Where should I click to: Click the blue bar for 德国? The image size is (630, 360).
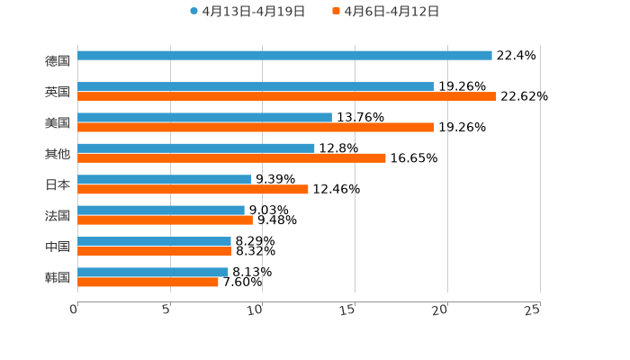pos(284,56)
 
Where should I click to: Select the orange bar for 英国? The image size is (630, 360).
pos(287,96)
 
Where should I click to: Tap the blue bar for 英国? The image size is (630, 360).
pos(256,86)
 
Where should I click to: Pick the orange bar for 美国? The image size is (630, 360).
pos(256,127)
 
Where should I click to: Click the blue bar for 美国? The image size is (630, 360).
pos(204,117)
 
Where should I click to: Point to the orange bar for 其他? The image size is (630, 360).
pos(231,157)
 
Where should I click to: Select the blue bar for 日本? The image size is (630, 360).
pos(165,179)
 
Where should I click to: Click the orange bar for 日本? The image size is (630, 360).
pos(193,189)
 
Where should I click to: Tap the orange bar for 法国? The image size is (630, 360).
pos(165,220)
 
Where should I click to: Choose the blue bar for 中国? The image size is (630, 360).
pos(154,241)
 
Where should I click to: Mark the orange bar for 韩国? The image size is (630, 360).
pos(148,282)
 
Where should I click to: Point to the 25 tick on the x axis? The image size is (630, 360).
pos(533,309)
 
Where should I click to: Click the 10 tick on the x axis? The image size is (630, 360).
pos(256,309)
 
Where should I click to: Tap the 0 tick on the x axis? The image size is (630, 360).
pos(74,309)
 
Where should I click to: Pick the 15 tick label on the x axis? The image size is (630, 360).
pos(348,309)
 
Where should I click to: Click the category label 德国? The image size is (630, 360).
pos(58,61)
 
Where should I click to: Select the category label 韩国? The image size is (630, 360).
pos(58,277)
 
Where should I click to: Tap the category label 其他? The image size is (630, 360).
pos(58,154)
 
